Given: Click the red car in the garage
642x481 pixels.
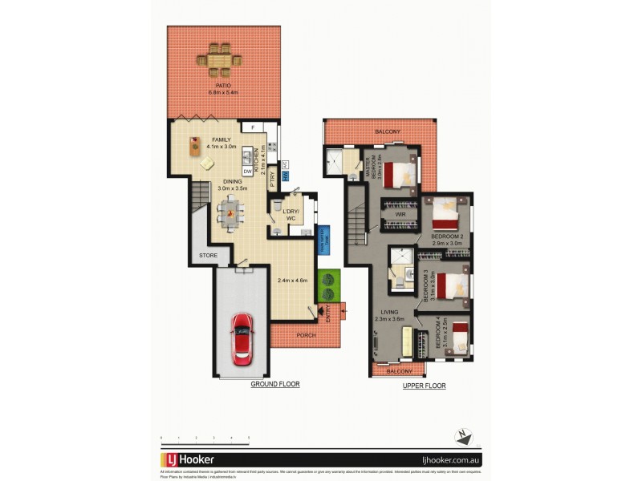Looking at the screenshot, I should [x=242, y=338].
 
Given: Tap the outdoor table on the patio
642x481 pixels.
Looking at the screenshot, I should [x=219, y=59].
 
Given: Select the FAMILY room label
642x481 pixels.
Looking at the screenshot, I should [x=220, y=139].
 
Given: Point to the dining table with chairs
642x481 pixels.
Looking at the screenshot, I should [x=231, y=213].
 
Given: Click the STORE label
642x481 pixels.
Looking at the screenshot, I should [x=208, y=256].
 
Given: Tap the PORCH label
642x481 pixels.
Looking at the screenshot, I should [x=303, y=335].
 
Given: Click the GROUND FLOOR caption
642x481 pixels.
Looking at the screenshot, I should [x=274, y=384].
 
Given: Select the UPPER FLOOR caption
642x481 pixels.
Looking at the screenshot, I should [x=424, y=386].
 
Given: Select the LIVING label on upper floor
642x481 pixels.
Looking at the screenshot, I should [x=388, y=312].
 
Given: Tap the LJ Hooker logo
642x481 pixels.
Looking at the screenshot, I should [x=188, y=460].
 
